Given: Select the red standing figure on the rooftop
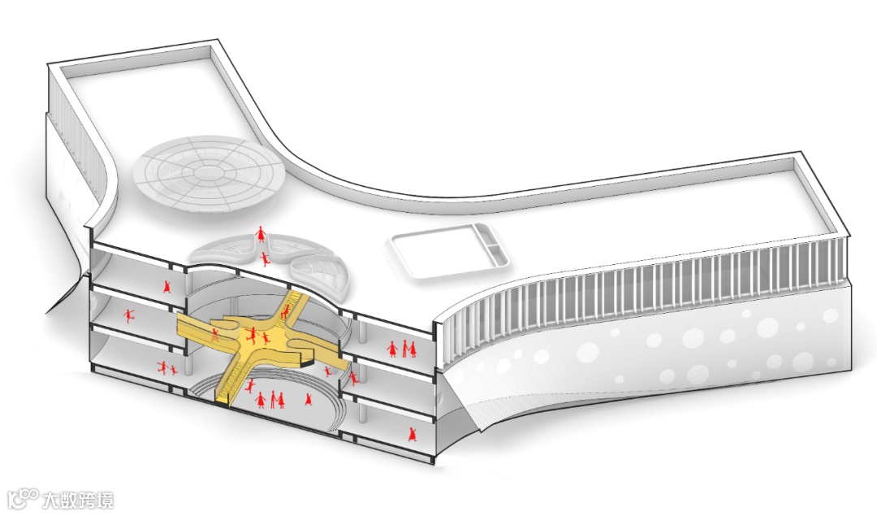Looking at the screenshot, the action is coord(261,235).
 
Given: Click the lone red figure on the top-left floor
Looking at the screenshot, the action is coord(167,287).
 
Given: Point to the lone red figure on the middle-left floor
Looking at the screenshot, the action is coord(128,314).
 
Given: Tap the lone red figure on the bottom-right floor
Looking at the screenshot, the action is coord(413,431).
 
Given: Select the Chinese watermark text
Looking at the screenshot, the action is coord(80,497).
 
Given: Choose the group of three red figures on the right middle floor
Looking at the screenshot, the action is coord(402,349).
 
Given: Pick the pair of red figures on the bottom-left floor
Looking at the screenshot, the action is coord(167,368).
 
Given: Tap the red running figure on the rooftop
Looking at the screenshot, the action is coord(266,259).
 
